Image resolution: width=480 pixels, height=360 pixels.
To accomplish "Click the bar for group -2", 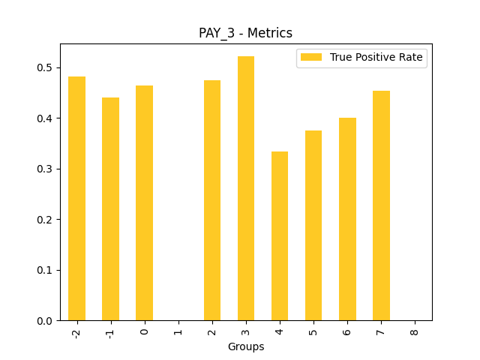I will tap(76, 199).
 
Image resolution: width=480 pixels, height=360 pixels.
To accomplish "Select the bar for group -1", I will tap(110, 209).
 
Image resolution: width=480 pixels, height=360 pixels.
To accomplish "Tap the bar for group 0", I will tap(144, 203).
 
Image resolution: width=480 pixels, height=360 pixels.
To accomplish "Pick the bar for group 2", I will tap(212, 200).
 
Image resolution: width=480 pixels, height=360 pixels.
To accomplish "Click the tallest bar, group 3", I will tap(246, 188).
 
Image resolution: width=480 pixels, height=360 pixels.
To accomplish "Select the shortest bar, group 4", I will tap(280, 236).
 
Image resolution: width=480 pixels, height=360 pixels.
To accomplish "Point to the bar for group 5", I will tap(313, 226).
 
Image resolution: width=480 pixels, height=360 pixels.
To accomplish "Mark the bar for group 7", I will tap(381, 205).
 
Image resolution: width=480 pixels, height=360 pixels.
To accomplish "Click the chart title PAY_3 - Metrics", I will tap(245, 33).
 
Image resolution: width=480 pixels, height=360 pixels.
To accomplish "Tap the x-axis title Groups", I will tap(246, 347).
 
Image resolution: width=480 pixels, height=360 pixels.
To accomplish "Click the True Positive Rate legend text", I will tap(376, 57).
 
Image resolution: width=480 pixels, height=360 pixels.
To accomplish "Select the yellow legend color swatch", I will tap(310, 57).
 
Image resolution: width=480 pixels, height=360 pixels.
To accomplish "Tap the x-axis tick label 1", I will tap(178, 330).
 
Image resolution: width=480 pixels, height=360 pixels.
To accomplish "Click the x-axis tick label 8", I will tap(415, 330).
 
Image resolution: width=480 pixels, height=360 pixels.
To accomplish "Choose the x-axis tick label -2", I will tap(76, 332).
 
